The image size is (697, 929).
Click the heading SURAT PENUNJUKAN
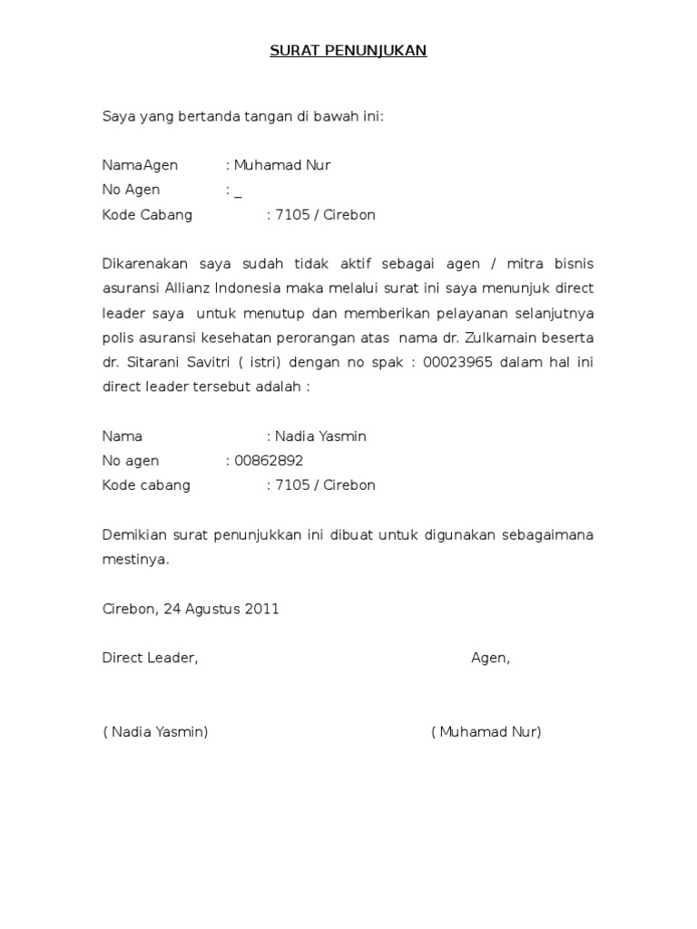click(x=348, y=51)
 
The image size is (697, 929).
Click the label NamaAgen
click(x=140, y=165)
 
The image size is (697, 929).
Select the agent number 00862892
click(x=269, y=461)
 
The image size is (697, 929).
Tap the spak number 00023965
click(x=456, y=362)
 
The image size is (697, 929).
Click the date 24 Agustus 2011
click(x=221, y=609)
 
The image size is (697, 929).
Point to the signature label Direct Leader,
click(x=150, y=659)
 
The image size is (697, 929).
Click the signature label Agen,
click(x=490, y=659)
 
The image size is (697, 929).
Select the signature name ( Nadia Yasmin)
click(x=155, y=732)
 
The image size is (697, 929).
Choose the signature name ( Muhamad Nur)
click(x=486, y=732)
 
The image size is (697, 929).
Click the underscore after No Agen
click(x=238, y=192)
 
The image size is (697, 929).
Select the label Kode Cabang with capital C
click(x=147, y=215)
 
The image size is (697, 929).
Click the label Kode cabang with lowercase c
click(x=146, y=485)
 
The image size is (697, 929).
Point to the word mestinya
click(x=135, y=560)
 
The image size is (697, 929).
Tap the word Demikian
click(x=131, y=535)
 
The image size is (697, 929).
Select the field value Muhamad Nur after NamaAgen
click(x=282, y=165)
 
